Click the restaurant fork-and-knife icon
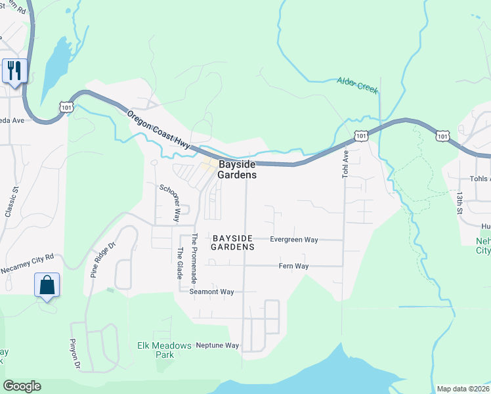click(14, 70)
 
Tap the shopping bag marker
click(47, 285)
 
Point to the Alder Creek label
click(358, 85)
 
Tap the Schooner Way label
click(169, 202)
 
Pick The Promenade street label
click(194, 258)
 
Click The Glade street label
click(180, 263)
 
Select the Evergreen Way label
click(294, 240)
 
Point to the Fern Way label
click(293, 266)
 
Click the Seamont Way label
click(211, 292)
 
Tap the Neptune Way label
click(217, 345)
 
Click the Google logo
click(22, 386)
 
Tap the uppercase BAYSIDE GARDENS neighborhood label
click(233, 243)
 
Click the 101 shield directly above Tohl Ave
click(361, 135)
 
